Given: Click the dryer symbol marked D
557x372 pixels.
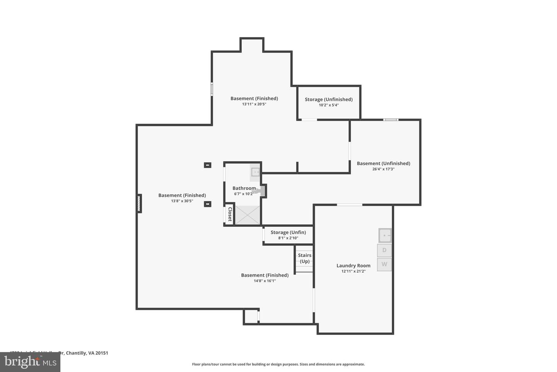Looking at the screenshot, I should (x=384, y=250).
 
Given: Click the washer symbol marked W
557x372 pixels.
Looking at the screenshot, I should (x=384, y=264).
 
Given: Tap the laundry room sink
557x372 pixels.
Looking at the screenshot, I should (x=385, y=235).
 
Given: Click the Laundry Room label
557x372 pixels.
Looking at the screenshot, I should (x=353, y=265).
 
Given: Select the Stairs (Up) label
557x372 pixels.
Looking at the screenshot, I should (x=304, y=258).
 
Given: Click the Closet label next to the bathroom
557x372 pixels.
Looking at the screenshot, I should (x=229, y=214).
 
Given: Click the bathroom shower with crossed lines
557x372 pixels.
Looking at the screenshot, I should (x=248, y=215).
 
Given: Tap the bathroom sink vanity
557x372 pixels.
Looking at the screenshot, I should (x=255, y=172).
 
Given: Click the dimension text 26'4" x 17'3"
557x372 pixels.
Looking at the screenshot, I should (x=383, y=169).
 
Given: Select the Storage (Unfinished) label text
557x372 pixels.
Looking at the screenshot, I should (x=328, y=99).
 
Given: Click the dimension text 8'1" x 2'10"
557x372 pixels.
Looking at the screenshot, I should (x=288, y=238).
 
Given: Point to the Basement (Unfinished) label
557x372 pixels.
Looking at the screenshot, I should (x=383, y=163).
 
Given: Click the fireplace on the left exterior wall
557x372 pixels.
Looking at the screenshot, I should (x=139, y=203).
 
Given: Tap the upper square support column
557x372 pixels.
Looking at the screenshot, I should (x=208, y=165).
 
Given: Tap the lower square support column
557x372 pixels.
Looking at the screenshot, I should (x=208, y=204).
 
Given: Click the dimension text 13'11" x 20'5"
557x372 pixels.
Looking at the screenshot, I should (x=254, y=104).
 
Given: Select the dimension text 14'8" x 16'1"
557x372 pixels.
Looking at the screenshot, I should (x=265, y=281).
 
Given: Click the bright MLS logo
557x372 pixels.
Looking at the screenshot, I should (x=30, y=362).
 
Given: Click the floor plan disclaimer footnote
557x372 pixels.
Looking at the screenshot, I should (x=278, y=364).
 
